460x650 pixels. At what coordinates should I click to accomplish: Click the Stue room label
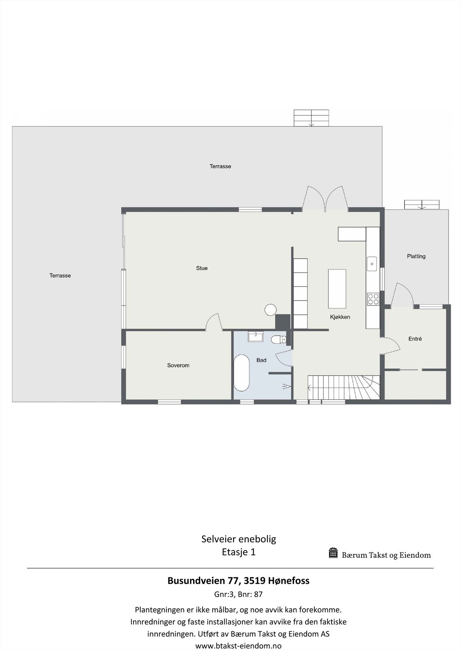click(202, 268)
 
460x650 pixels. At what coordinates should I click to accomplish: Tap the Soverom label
click(178, 365)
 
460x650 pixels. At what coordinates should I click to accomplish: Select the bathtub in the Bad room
click(242, 373)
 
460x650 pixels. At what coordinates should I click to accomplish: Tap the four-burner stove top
click(373, 299)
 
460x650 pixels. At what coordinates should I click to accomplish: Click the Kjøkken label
click(340, 317)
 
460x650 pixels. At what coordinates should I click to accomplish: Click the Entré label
click(415, 338)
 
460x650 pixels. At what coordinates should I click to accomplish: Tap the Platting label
click(416, 256)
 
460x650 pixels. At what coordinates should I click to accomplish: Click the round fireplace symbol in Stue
click(270, 310)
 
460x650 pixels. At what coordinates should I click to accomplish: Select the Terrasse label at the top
click(220, 166)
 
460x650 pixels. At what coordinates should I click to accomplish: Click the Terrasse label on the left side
click(60, 275)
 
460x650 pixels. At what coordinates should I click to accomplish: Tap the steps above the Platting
click(422, 204)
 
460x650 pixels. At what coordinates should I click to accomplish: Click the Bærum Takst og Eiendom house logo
click(334, 553)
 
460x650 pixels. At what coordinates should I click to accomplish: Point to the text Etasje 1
click(238, 552)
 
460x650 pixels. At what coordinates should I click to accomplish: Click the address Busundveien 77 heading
click(238, 581)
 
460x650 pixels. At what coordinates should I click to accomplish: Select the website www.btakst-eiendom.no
click(238, 646)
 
